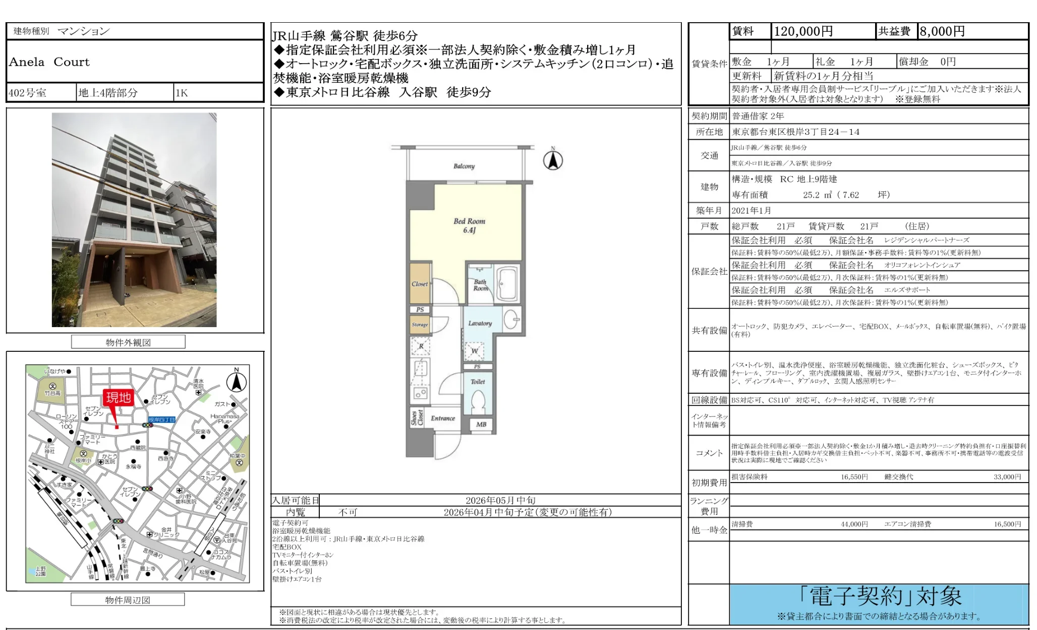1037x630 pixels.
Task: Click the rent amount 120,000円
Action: click(x=803, y=31)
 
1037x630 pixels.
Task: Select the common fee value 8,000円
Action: click(x=942, y=31)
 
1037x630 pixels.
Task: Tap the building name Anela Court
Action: click(x=49, y=62)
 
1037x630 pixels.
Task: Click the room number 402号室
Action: click(x=28, y=93)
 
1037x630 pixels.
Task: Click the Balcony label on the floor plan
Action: click(x=464, y=166)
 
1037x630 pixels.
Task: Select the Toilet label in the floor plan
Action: click(x=478, y=382)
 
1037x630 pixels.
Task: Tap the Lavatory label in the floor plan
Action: click(x=480, y=323)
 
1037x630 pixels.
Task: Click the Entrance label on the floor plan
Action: click(x=443, y=418)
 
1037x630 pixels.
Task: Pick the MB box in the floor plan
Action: click(x=481, y=425)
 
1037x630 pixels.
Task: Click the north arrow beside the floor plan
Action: click(x=553, y=160)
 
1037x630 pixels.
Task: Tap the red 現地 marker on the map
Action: click(x=118, y=398)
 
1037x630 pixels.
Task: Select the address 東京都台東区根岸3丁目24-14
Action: click(x=795, y=132)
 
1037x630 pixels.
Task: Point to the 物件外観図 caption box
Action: click(x=128, y=342)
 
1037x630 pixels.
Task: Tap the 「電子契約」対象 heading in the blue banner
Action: click(x=880, y=597)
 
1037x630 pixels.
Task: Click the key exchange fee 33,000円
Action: click(x=1007, y=477)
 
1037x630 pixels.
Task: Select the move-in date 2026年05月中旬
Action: click(x=500, y=500)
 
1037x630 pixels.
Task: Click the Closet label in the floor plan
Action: click(x=420, y=284)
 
